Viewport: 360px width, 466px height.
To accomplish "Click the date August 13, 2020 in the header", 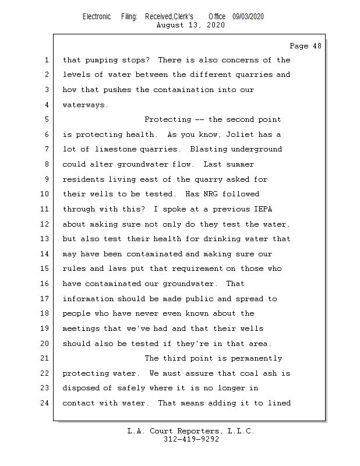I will [190, 25].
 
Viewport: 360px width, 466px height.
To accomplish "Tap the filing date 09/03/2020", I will [248, 17].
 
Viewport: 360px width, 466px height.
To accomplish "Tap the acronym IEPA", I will [278, 209].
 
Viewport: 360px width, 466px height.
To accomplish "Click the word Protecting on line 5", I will [167, 119].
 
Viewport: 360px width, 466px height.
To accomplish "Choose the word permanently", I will [256, 358].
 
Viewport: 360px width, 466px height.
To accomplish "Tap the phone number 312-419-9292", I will [191, 439].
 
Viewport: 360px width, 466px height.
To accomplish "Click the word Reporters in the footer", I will [193, 431].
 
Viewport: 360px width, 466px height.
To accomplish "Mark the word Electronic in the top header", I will [97, 17].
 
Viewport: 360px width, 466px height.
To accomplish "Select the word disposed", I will [81, 388].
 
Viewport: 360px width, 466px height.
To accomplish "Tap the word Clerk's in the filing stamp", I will [182, 17].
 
